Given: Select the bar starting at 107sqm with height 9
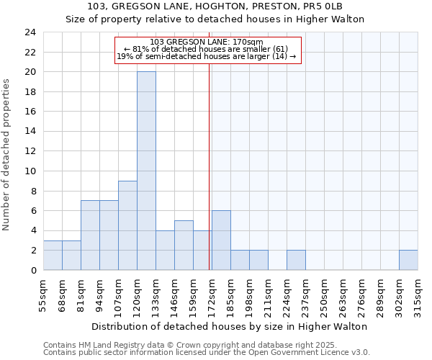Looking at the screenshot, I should click(127, 225).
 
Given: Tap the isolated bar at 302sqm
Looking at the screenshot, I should click(408, 260).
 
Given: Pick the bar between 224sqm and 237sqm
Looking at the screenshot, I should click(296, 260).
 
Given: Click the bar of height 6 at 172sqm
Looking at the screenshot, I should click(221, 240).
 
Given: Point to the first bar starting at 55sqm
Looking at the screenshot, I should click(53, 255).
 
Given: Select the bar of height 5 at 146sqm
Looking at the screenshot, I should click(184, 245).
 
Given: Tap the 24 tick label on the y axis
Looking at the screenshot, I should click(30, 32).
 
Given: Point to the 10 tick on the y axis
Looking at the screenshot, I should click(30, 171).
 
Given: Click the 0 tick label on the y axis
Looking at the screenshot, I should click(32, 271).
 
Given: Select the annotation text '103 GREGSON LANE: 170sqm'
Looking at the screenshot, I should click(207, 42).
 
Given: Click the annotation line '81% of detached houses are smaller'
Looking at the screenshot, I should click(207, 49).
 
